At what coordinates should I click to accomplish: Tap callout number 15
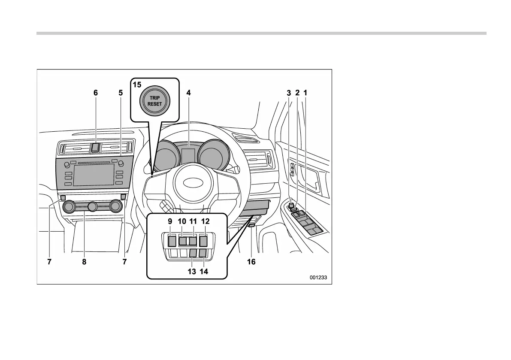(x=136, y=85)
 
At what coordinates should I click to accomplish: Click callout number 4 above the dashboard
(x=188, y=92)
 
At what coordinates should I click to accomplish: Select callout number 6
(x=96, y=92)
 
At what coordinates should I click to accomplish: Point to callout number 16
(x=251, y=261)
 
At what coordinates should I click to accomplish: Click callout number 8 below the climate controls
(x=85, y=261)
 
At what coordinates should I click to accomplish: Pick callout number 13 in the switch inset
(x=191, y=271)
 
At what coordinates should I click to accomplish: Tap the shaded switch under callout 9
(x=172, y=241)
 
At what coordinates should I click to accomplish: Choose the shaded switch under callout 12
(x=203, y=241)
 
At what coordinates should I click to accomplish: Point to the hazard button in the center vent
(x=96, y=148)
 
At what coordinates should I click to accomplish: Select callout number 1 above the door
(x=305, y=92)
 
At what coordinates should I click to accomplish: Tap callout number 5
(x=121, y=92)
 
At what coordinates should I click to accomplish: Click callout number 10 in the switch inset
(x=182, y=221)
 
